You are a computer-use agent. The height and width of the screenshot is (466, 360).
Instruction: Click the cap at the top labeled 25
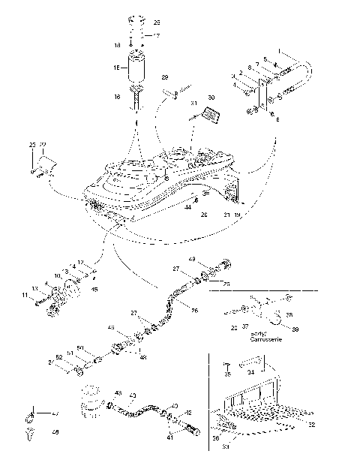click(136, 20)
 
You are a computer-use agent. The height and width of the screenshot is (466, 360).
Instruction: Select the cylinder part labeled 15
click(136, 69)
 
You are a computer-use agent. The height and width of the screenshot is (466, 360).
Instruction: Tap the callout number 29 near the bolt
click(165, 78)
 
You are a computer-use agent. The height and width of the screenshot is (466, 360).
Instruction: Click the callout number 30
click(211, 98)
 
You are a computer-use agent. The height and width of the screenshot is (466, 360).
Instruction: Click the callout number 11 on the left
click(34, 295)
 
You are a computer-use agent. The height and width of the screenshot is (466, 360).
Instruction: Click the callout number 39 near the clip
click(295, 329)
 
